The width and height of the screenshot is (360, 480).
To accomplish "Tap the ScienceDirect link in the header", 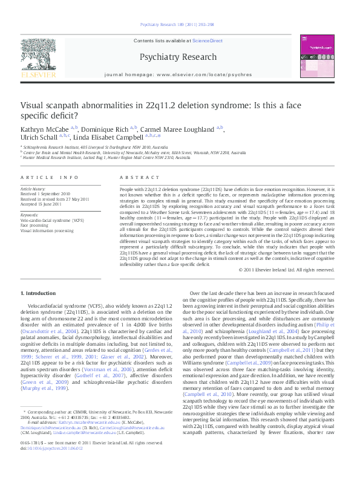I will [207, 41].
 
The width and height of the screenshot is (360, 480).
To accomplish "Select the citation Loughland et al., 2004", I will [271, 348].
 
